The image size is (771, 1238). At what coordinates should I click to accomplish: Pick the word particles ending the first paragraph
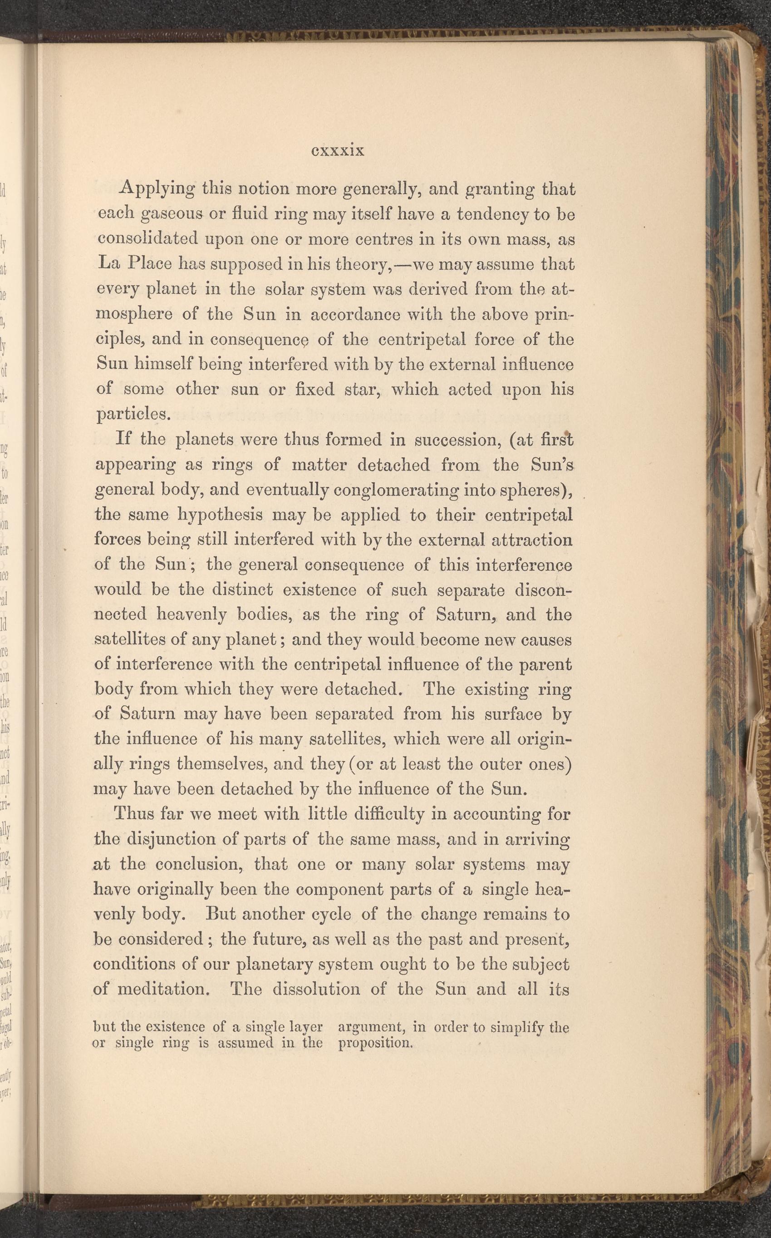coord(133,414)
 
